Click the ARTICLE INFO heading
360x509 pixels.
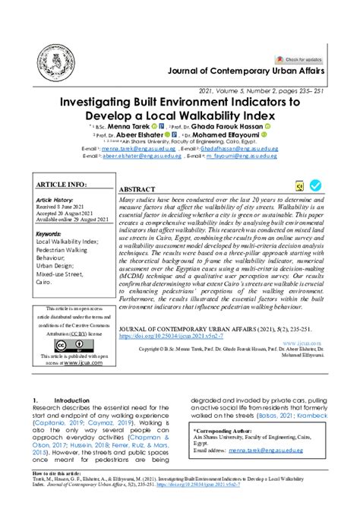point(62,185)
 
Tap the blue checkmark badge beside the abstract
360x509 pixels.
point(314,185)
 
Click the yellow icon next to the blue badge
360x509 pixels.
point(298,185)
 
